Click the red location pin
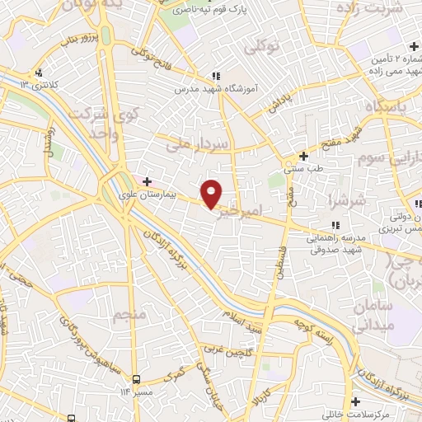212,195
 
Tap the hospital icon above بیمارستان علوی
147,181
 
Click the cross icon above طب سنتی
303,156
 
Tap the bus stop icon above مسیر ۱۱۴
136,378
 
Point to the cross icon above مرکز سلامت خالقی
355,401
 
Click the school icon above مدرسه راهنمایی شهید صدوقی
334,225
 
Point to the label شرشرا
340,200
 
